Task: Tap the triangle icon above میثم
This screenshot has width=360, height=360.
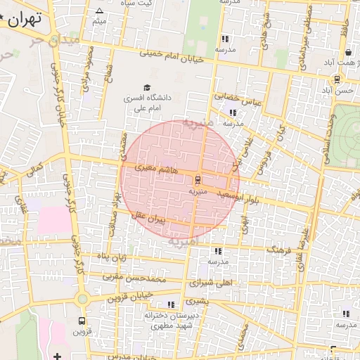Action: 99,11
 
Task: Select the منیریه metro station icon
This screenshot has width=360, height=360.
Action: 197,179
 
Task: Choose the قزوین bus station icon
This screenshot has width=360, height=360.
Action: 82,320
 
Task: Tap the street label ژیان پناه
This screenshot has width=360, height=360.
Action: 112,257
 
